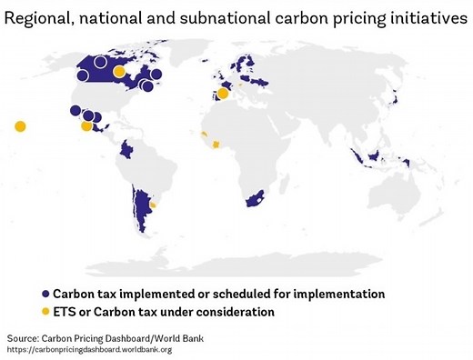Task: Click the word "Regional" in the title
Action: [x=41, y=18]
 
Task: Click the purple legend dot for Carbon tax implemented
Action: [x=45, y=295]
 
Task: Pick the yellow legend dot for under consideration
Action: [x=45, y=312]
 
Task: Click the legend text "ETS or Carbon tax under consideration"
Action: [x=164, y=312]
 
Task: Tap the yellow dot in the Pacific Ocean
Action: [x=20, y=126]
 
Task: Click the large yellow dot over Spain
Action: [x=223, y=93]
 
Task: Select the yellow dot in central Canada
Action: [x=119, y=72]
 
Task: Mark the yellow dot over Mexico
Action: [x=86, y=126]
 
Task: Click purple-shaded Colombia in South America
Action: [x=127, y=148]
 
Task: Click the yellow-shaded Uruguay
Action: [x=153, y=205]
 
